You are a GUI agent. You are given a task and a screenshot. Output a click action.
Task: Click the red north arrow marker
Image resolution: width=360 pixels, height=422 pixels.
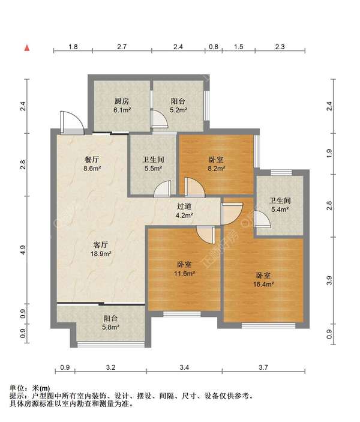point(27,48)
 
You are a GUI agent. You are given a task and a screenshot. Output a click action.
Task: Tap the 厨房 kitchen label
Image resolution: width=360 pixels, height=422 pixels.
point(122,101)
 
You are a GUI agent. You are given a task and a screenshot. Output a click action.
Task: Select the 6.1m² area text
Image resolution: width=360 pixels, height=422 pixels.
point(122,110)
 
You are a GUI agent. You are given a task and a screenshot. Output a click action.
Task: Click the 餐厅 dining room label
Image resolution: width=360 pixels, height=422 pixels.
point(91,160)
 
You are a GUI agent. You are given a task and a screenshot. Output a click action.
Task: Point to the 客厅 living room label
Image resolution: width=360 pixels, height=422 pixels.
point(100,245)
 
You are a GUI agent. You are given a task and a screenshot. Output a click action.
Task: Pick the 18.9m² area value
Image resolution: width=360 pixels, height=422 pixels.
point(101,253)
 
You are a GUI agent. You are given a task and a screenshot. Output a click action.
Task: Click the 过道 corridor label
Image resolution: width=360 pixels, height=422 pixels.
point(184,206)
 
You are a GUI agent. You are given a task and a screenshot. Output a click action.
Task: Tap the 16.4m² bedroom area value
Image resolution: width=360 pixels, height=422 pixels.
point(263,284)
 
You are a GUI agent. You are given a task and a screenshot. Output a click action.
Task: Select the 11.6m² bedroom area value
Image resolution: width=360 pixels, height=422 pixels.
point(184,274)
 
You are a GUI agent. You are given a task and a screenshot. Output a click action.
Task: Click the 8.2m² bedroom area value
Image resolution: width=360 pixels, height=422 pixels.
point(217,169)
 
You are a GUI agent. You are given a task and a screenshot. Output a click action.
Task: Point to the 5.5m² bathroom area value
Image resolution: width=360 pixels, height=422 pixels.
point(153,169)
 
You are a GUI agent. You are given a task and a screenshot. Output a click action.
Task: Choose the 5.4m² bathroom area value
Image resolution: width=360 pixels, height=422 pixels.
point(280,209)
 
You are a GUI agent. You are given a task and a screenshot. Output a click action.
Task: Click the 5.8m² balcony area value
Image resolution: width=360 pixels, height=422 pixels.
point(110,327)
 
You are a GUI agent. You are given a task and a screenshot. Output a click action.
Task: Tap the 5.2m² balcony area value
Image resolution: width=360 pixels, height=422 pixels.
point(178,110)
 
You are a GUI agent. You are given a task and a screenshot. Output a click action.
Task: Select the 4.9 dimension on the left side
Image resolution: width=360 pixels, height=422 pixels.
point(23,250)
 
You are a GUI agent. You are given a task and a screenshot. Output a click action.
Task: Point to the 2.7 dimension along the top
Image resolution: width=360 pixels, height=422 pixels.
point(122,47)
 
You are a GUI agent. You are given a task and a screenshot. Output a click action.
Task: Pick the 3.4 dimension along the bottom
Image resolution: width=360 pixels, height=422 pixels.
point(184,367)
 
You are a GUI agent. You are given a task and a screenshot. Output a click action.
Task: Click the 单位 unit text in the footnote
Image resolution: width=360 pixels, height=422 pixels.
point(17,388)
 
